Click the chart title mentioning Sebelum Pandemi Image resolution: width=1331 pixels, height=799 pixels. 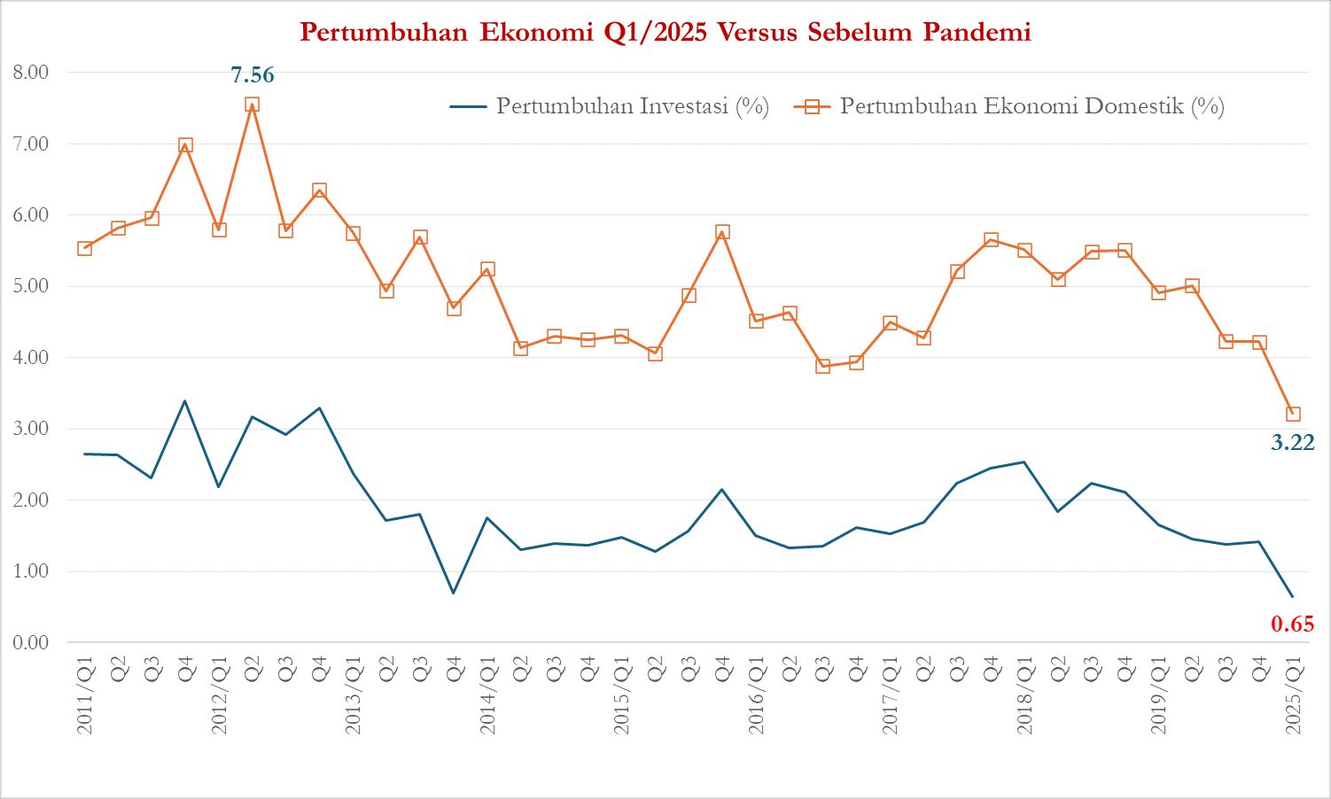(x=665, y=32)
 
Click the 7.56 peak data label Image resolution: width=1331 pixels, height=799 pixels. (x=253, y=75)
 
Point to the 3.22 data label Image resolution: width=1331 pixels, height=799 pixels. (x=1292, y=442)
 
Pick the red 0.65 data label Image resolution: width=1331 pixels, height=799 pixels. (x=1292, y=624)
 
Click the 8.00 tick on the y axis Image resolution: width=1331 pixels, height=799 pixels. (x=31, y=73)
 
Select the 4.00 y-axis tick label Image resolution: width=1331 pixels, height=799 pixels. (x=31, y=358)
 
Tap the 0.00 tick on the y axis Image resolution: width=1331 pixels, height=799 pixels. (x=31, y=642)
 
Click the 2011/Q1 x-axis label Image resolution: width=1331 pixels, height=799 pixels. (x=85, y=695)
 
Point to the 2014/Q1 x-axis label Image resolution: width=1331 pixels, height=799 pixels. (x=487, y=695)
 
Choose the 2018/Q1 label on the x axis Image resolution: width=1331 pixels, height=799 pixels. (x=1024, y=695)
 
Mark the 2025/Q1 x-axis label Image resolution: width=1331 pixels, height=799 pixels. (x=1293, y=695)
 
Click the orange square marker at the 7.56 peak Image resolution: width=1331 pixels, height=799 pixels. (x=252, y=105)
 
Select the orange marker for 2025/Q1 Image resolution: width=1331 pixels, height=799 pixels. (x=1293, y=414)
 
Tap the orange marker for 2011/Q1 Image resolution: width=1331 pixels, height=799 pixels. (x=85, y=248)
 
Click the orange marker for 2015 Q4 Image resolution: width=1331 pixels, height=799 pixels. (x=722, y=232)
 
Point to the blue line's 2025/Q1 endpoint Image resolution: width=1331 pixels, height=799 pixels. (x=1293, y=596)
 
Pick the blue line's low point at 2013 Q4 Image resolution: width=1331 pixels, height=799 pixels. (x=454, y=593)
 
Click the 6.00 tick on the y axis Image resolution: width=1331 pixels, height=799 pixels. (x=31, y=215)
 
